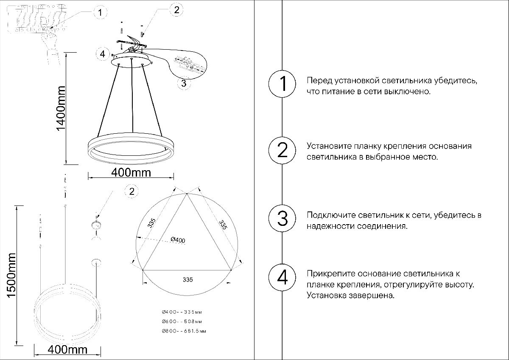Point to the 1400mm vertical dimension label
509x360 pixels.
tap(61, 108)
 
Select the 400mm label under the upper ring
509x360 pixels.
tap(131, 172)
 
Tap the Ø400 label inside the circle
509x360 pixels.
tap(178, 240)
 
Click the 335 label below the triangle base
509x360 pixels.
tap(188, 280)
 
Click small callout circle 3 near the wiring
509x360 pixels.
tap(184, 83)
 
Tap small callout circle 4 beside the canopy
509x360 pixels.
tap(102, 54)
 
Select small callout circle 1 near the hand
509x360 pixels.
tap(100, 13)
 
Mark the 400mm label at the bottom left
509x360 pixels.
tap(68, 350)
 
